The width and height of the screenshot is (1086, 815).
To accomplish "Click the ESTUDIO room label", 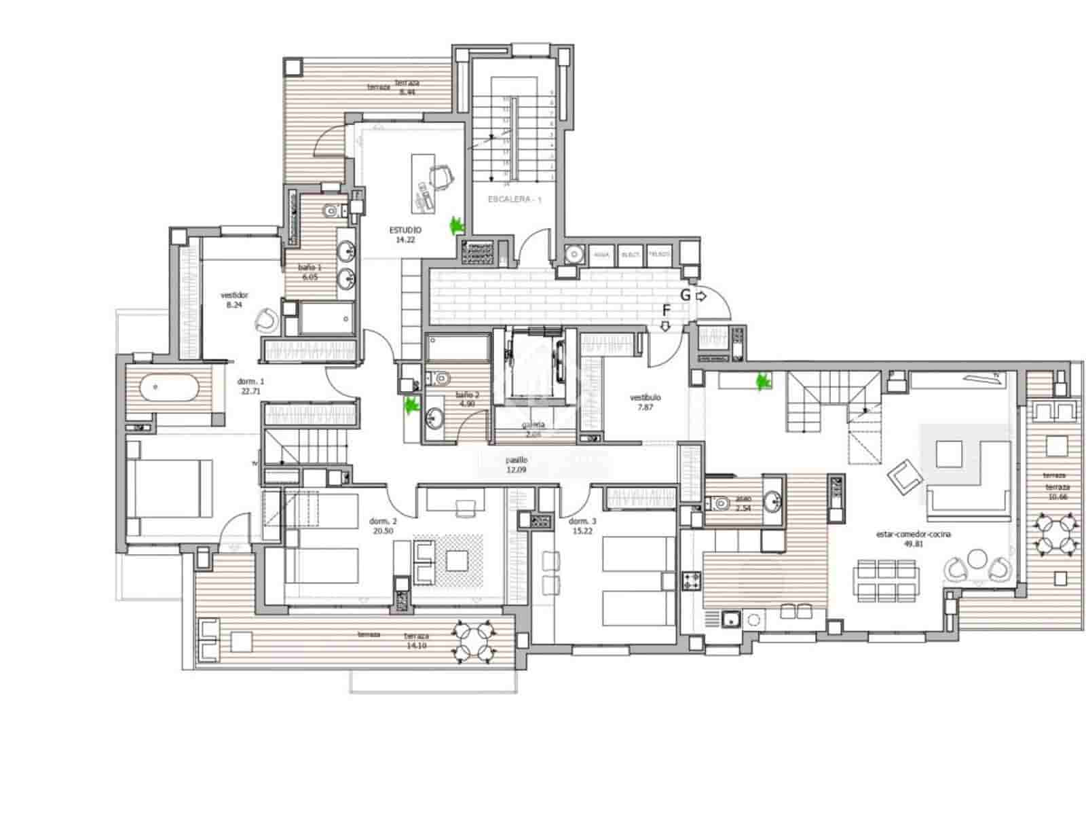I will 405,234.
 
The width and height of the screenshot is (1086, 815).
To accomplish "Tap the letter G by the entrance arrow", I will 686,295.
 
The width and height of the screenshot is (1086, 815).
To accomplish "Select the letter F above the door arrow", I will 667,311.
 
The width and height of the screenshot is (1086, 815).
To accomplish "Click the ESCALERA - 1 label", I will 515,200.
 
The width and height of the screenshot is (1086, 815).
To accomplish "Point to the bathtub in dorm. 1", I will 170,389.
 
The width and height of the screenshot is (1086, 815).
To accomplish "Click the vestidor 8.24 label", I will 234,300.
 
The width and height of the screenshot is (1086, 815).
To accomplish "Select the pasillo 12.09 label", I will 517,465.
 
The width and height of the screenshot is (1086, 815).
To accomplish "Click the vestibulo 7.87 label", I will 645,402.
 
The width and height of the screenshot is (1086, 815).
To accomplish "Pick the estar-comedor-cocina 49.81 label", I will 913,539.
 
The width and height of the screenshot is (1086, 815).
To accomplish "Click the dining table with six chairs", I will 886,580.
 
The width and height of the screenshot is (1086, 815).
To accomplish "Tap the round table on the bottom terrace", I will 472,641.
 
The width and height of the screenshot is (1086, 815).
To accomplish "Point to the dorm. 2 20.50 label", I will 383,526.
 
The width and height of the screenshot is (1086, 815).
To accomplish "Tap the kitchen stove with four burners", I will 692,581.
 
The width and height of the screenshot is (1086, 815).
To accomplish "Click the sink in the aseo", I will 772,503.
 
